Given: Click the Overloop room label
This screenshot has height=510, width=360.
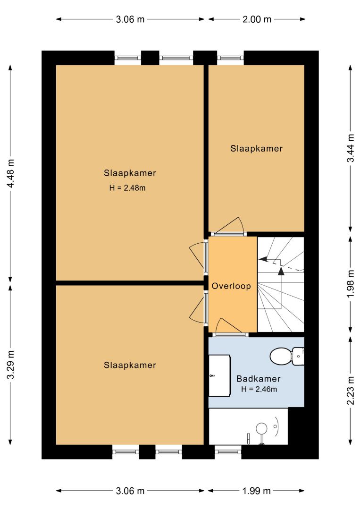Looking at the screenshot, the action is tap(231, 286).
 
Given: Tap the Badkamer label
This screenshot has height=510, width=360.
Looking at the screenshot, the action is tap(258, 379).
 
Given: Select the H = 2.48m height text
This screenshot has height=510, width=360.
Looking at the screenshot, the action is tap(127, 187).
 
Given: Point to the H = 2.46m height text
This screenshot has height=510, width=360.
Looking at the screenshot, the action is tap(259, 389).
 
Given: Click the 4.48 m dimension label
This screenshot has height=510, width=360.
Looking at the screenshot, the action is tap(11, 173).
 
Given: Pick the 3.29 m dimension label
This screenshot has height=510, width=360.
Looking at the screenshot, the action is tap(11, 365).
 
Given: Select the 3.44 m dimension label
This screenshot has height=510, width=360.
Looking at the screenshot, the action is tap(351, 148).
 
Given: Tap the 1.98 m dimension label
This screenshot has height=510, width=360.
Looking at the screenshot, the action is tap(351, 284).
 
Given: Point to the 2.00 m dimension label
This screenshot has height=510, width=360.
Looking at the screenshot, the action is tap(257, 19).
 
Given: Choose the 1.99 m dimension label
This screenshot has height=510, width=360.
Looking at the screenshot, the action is tap(256, 491).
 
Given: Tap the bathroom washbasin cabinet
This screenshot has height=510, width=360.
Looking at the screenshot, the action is tap(220, 376).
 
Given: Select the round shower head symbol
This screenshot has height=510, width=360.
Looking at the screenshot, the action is tap(261, 428).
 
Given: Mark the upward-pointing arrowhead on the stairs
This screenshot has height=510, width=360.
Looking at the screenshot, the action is tap(281, 271).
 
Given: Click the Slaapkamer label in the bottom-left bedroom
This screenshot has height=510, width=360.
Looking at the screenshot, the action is tap(130, 365).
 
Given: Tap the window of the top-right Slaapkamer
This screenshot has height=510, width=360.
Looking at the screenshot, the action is tap(230, 58).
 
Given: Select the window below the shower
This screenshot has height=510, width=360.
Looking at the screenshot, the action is tap(228, 451).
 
